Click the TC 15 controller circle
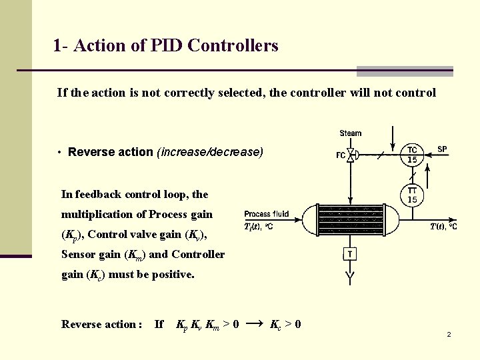[x=413, y=155]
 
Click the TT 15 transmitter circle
[x=413, y=195]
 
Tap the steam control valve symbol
[x=351, y=155]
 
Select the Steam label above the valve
[x=351, y=133]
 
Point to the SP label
[x=443, y=149]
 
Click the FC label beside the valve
[x=341, y=156]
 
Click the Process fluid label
[x=267, y=214]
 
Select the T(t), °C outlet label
[x=443, y=227]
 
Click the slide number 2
[x=449, y=334]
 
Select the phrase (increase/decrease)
[x=210, y=152]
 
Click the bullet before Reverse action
[x=60, y=153]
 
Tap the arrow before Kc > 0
[x=254, y=324]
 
